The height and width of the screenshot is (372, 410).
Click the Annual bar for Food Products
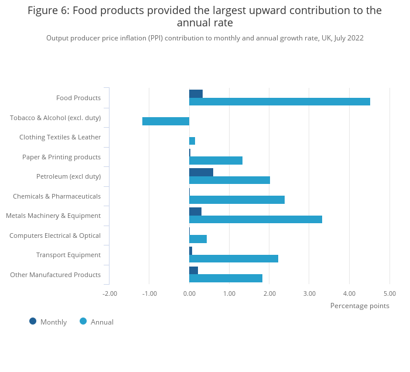coord(279,101)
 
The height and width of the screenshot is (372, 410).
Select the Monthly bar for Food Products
coord(196,94)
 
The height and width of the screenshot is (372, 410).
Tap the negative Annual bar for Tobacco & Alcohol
coord(166,121)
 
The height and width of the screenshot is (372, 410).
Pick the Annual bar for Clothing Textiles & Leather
coord(192,141)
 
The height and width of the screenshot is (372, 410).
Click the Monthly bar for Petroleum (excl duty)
coord(201,172)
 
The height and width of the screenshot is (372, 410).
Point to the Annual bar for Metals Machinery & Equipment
coord(255,219)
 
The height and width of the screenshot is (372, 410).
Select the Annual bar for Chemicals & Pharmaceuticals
coord(237,200)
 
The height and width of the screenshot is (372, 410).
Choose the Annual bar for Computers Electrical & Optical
coord(198,239)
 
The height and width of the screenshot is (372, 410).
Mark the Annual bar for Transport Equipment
coord(234,258)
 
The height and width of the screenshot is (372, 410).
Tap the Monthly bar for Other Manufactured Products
coord(193,270)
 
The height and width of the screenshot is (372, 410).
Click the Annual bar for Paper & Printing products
coord(216,161)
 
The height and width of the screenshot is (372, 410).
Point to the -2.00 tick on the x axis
coord(110,293)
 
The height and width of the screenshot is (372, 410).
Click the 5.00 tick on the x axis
coord(389,293)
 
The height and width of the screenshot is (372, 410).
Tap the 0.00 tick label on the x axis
coord(189,293)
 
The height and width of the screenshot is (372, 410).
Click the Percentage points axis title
coord(360,306)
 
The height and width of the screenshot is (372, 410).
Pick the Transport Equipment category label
coord(69,255)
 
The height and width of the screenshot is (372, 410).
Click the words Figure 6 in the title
coord(48,11)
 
